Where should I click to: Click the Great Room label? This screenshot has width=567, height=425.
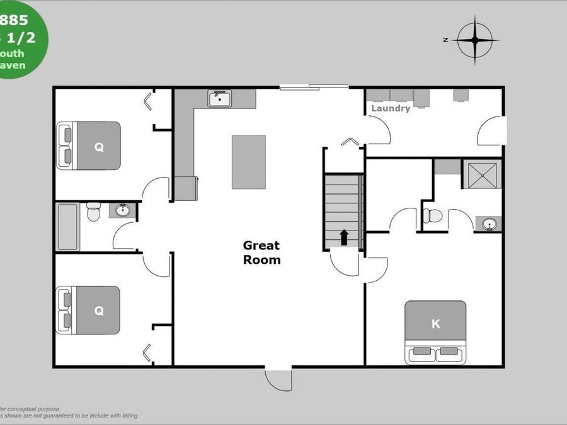[261, 252]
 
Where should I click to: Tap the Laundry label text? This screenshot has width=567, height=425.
[391, 108]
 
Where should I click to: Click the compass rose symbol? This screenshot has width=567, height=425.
[475, 40]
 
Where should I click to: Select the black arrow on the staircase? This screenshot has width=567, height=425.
[344, 237]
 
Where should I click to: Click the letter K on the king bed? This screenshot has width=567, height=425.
[435, 324]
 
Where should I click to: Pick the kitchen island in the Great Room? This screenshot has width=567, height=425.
[248, 162]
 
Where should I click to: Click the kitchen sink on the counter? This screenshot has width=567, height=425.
[219, 98]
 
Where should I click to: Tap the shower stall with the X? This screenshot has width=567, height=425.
[482, 174]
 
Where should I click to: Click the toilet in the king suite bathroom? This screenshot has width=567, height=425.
[432, 215]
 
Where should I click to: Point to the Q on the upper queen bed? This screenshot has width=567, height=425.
[98, 147]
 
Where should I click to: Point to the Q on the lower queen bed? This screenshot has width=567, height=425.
[98, 310]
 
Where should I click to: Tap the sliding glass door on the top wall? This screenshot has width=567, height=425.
[314, 87]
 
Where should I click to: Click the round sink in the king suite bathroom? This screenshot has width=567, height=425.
[490, 224]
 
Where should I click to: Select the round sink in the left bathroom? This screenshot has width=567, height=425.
[122, 210]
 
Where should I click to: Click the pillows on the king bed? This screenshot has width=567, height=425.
[435, 351]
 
